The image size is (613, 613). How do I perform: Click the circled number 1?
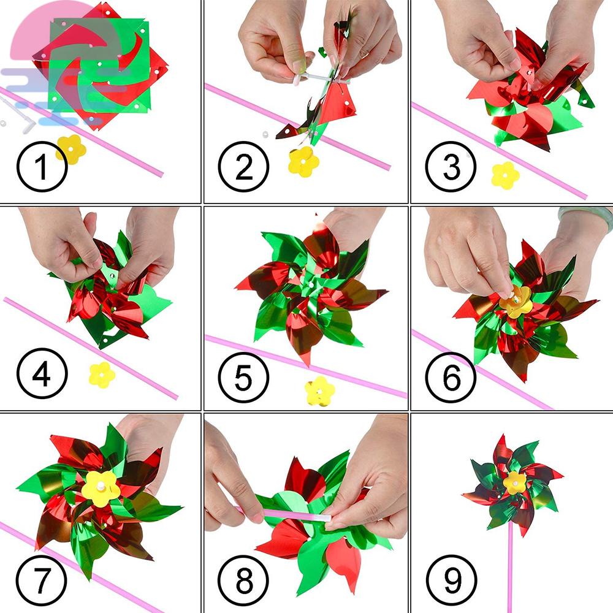[x=42, y=167]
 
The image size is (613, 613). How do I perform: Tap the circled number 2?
[x=243, y=167]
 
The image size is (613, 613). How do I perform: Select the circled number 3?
[x=451, y=167]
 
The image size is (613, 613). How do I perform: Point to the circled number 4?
[x=42, y=373]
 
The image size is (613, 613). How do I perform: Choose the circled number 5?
[x=243, y=377]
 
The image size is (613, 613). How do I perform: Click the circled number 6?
[x=451, y=377]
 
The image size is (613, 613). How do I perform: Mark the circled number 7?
[x=42, y=580]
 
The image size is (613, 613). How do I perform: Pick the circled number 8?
[x=243, y=580]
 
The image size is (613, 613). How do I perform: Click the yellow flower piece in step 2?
[x=304, y=162]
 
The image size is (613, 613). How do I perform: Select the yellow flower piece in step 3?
[x=506, y=175]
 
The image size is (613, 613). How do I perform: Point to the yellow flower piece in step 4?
[x=102, y=375]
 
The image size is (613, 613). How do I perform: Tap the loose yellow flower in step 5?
[x=320, y=391]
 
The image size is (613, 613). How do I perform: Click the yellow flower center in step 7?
[x=101, y=489]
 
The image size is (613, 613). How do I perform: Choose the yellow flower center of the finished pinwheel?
[x=514, y=483]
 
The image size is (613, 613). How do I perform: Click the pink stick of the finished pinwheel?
[x=510, y=567]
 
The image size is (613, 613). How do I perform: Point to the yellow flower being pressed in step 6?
[x=516, y=301]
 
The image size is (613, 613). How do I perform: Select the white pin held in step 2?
[x=313, y=78]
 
